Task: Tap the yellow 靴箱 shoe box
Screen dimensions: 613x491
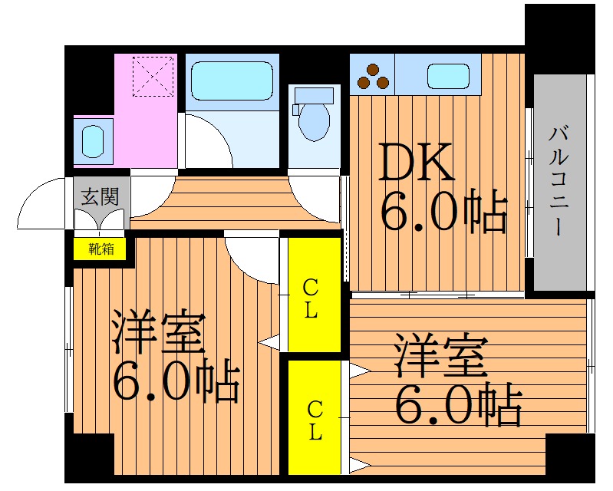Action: (100, 249)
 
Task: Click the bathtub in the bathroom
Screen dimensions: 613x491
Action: (232, 81)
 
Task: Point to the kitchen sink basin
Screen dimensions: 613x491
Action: (448, 76)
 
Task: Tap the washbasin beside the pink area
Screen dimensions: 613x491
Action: (93, 141)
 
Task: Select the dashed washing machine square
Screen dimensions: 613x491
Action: (153, 76)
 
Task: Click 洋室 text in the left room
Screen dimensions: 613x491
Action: (158, 332)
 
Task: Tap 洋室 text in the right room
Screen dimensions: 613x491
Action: (442, 354)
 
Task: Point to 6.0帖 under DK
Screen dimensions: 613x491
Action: (444, 211)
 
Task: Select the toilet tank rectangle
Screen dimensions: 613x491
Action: (314, 96)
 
